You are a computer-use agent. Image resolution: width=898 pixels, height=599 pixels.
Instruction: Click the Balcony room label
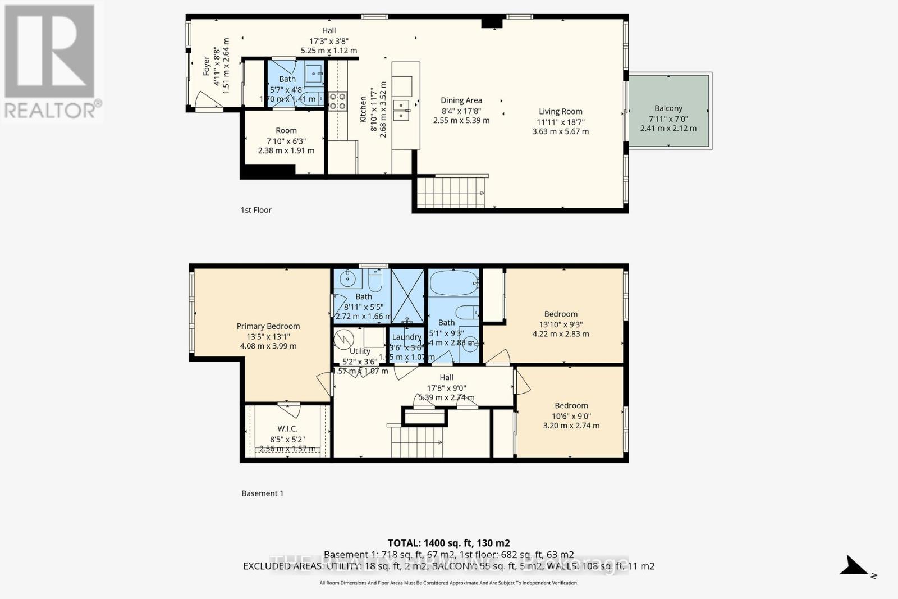[x=668, y=108]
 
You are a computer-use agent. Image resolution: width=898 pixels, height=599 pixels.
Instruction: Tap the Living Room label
[x=560, y=112]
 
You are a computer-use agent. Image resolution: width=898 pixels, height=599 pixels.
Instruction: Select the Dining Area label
[x=461, y=100]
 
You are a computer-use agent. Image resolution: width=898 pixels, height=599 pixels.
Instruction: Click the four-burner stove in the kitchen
[x=337, y=100]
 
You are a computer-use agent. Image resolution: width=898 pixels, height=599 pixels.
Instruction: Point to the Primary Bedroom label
[x=268, y=326]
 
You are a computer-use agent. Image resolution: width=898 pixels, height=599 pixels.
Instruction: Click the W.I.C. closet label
[x=287, y=429]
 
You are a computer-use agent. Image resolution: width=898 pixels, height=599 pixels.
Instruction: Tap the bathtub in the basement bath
[x=453, y=284]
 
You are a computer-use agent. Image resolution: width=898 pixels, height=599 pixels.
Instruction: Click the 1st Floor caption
[x=256, y=210]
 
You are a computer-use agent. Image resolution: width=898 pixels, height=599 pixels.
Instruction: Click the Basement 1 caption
[x=262, y=493]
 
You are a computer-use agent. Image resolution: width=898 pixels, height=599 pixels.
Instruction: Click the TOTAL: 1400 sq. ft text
[x=448, y=543]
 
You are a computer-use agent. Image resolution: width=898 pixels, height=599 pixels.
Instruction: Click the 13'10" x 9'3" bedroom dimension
[x=560, y=324]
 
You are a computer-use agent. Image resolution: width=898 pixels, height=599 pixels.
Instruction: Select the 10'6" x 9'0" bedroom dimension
[x=571, y=416]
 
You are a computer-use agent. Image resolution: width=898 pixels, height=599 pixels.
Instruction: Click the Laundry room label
[x=406, y=337]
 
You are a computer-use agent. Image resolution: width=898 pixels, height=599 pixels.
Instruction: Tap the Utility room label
[x=360, y=351]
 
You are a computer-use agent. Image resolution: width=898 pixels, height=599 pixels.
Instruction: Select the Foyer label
[x=207, y=66]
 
